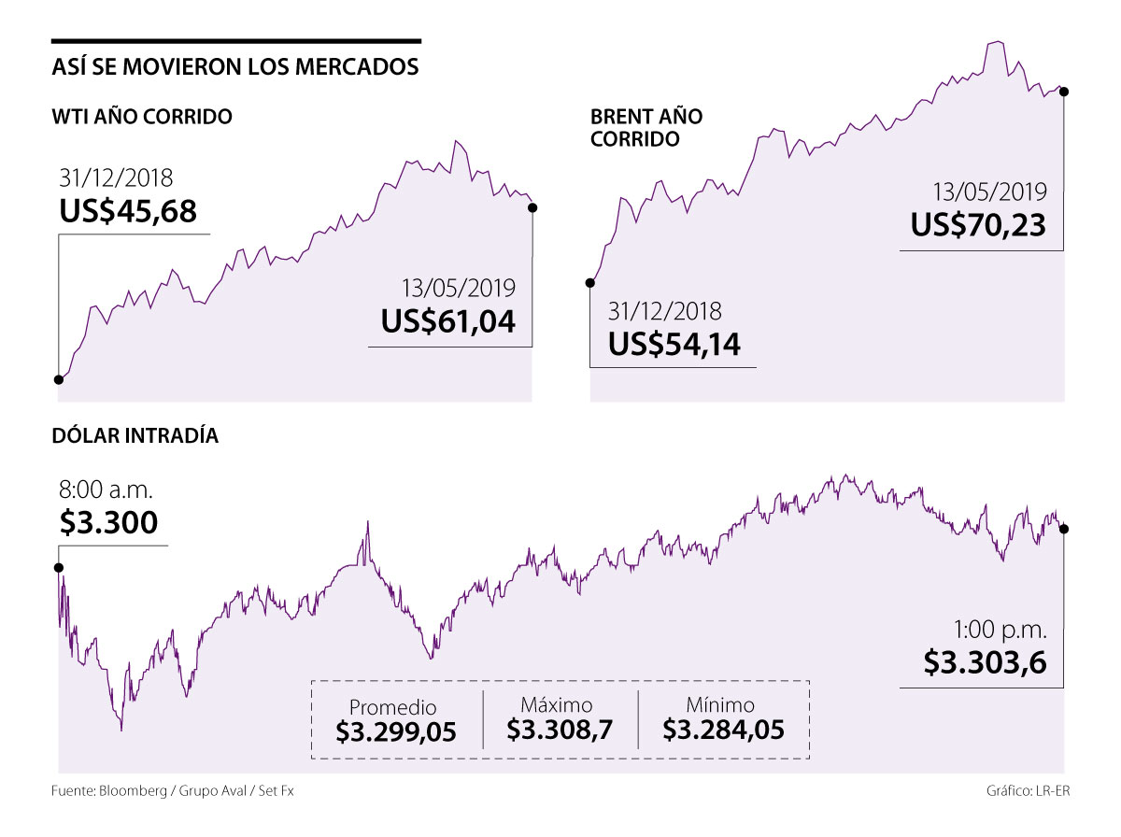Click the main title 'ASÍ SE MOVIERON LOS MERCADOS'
pos(234,68)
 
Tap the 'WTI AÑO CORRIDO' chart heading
pos(143,118)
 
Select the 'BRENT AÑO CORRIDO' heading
pos(646,128)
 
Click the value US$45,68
pos(128,212)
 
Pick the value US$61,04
pos(447,321)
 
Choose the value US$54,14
pos(674,345)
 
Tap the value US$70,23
pos(978,225)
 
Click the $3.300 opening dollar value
pos(108,523)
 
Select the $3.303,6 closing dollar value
pos(985,662)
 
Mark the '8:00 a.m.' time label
pos(106,489)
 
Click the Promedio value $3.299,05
pos(397,731)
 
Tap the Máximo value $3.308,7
pos(560,730)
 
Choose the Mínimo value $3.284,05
pos(723,730)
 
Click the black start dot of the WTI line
pos(59,379)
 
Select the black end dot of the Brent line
pos(1064,91)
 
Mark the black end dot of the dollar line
pos(1064,529)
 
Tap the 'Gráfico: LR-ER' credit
pos(1028,791)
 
